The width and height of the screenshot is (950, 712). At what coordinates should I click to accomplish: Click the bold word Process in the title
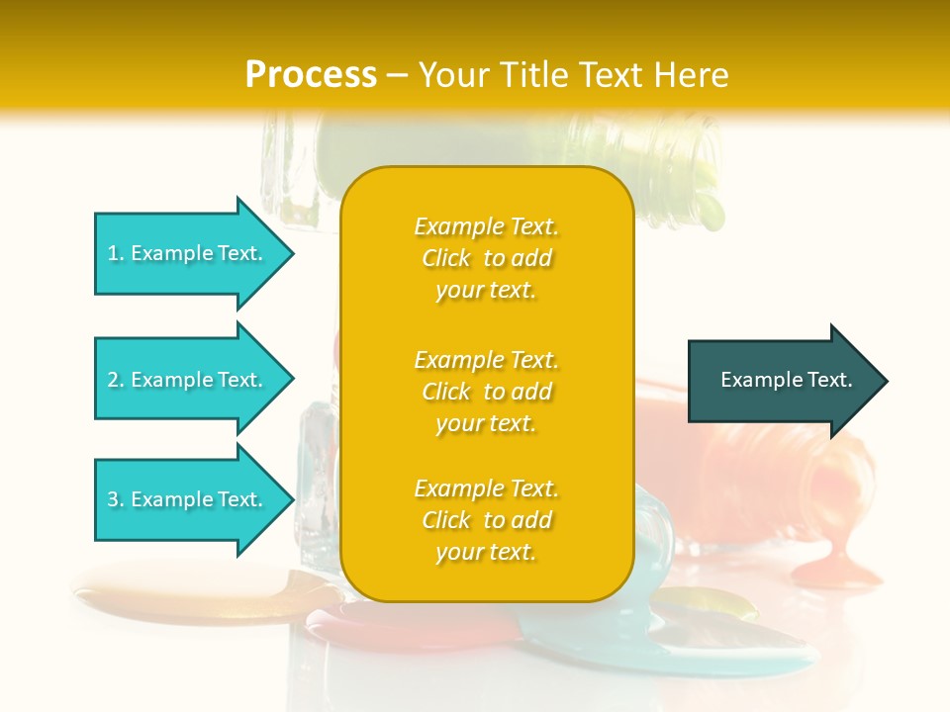[x=311, y=75]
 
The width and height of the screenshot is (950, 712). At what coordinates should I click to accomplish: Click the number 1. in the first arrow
[x=116, y=253]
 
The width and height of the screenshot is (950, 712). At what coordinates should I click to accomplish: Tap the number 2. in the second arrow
[x=116, y=380]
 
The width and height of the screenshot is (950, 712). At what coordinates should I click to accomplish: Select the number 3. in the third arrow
[x=116, y=499]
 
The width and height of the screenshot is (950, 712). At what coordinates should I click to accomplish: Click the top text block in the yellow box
[x=486, y=258]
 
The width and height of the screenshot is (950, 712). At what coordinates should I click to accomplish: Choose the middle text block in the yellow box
[x=486, y=392]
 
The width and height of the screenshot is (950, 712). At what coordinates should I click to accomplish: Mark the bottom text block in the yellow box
[x=486, y=520]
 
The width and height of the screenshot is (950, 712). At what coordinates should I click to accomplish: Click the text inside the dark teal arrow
[x=786, y=380]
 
